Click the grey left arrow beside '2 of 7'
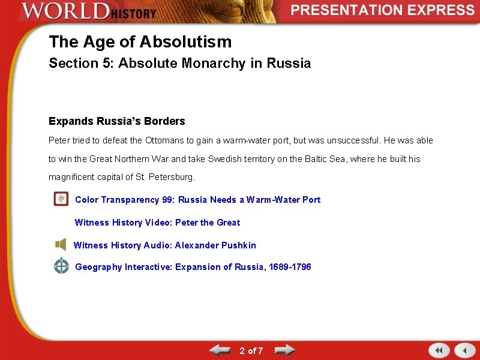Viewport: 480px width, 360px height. [220, 350]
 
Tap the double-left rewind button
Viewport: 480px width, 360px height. [439, 350]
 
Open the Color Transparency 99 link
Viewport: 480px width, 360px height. [197, 200]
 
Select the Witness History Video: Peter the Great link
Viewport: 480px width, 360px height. [157, 223]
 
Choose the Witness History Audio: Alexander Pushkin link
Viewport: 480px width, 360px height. [164, 245]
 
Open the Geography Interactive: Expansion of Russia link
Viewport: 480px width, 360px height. [193, 267]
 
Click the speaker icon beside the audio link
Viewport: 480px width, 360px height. [61, 245]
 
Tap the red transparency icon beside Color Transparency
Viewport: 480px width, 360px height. [61, 199]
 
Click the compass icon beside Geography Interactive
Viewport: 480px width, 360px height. [61, 266]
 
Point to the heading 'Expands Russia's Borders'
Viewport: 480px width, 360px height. [117, 121]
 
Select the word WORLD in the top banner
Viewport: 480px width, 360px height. [64, 11]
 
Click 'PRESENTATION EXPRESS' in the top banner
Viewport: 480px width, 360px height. [383, 10]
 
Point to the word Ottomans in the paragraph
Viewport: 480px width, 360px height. [164, 141]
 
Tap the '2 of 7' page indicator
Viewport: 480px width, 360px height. [251, 350]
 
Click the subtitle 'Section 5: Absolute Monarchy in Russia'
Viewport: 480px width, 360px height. [179, 64]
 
